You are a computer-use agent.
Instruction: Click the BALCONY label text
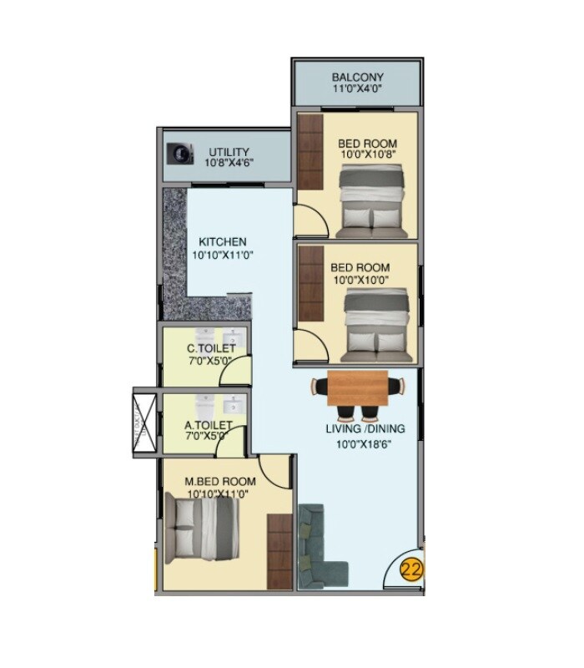point(358,78)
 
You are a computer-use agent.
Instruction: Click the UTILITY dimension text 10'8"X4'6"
point(229,164)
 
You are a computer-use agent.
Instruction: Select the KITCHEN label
point(222,242)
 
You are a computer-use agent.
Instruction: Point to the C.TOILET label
point(211,348)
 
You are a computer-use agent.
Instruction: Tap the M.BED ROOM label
point(221,482)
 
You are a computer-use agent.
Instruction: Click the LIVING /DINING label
point(365,429)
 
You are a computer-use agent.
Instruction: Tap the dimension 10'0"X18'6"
point(365,443)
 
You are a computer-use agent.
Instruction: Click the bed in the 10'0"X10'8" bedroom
point(374,200)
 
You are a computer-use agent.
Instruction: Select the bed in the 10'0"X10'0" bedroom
point(378,321)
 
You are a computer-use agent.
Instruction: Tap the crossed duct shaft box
point(143,422)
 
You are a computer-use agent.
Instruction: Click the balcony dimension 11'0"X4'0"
point(358,91)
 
